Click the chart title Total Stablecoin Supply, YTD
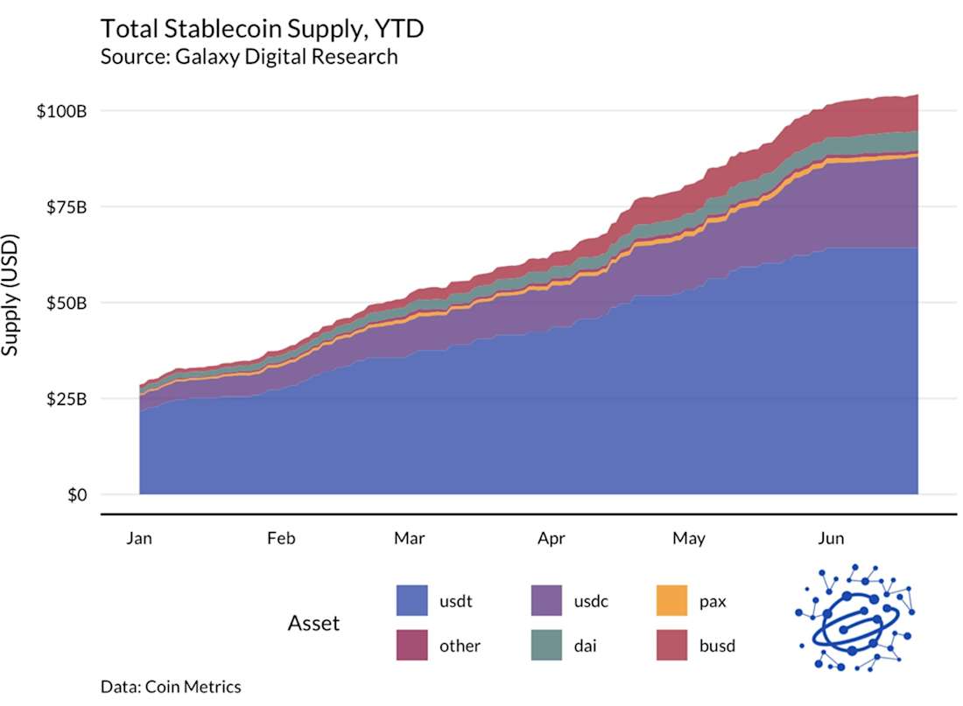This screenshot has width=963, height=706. click(262, 28)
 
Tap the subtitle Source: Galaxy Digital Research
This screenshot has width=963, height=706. click(249, 57)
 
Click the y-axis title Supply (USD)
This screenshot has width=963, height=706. click(11, 294)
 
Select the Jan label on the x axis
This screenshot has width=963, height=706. click(139, 538)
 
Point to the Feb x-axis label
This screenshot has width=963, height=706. click(281, 538)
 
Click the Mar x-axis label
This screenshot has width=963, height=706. click(410, 538)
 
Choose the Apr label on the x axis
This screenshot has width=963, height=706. click(552, 538)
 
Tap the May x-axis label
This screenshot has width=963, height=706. click(689, 538)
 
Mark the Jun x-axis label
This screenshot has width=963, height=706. click(830, 538)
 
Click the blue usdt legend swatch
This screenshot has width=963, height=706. click(412, 601)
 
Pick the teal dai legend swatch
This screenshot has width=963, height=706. click(546, 646)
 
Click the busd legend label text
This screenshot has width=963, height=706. click(717, 646)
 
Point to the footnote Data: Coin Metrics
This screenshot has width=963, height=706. click(171, 687)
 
